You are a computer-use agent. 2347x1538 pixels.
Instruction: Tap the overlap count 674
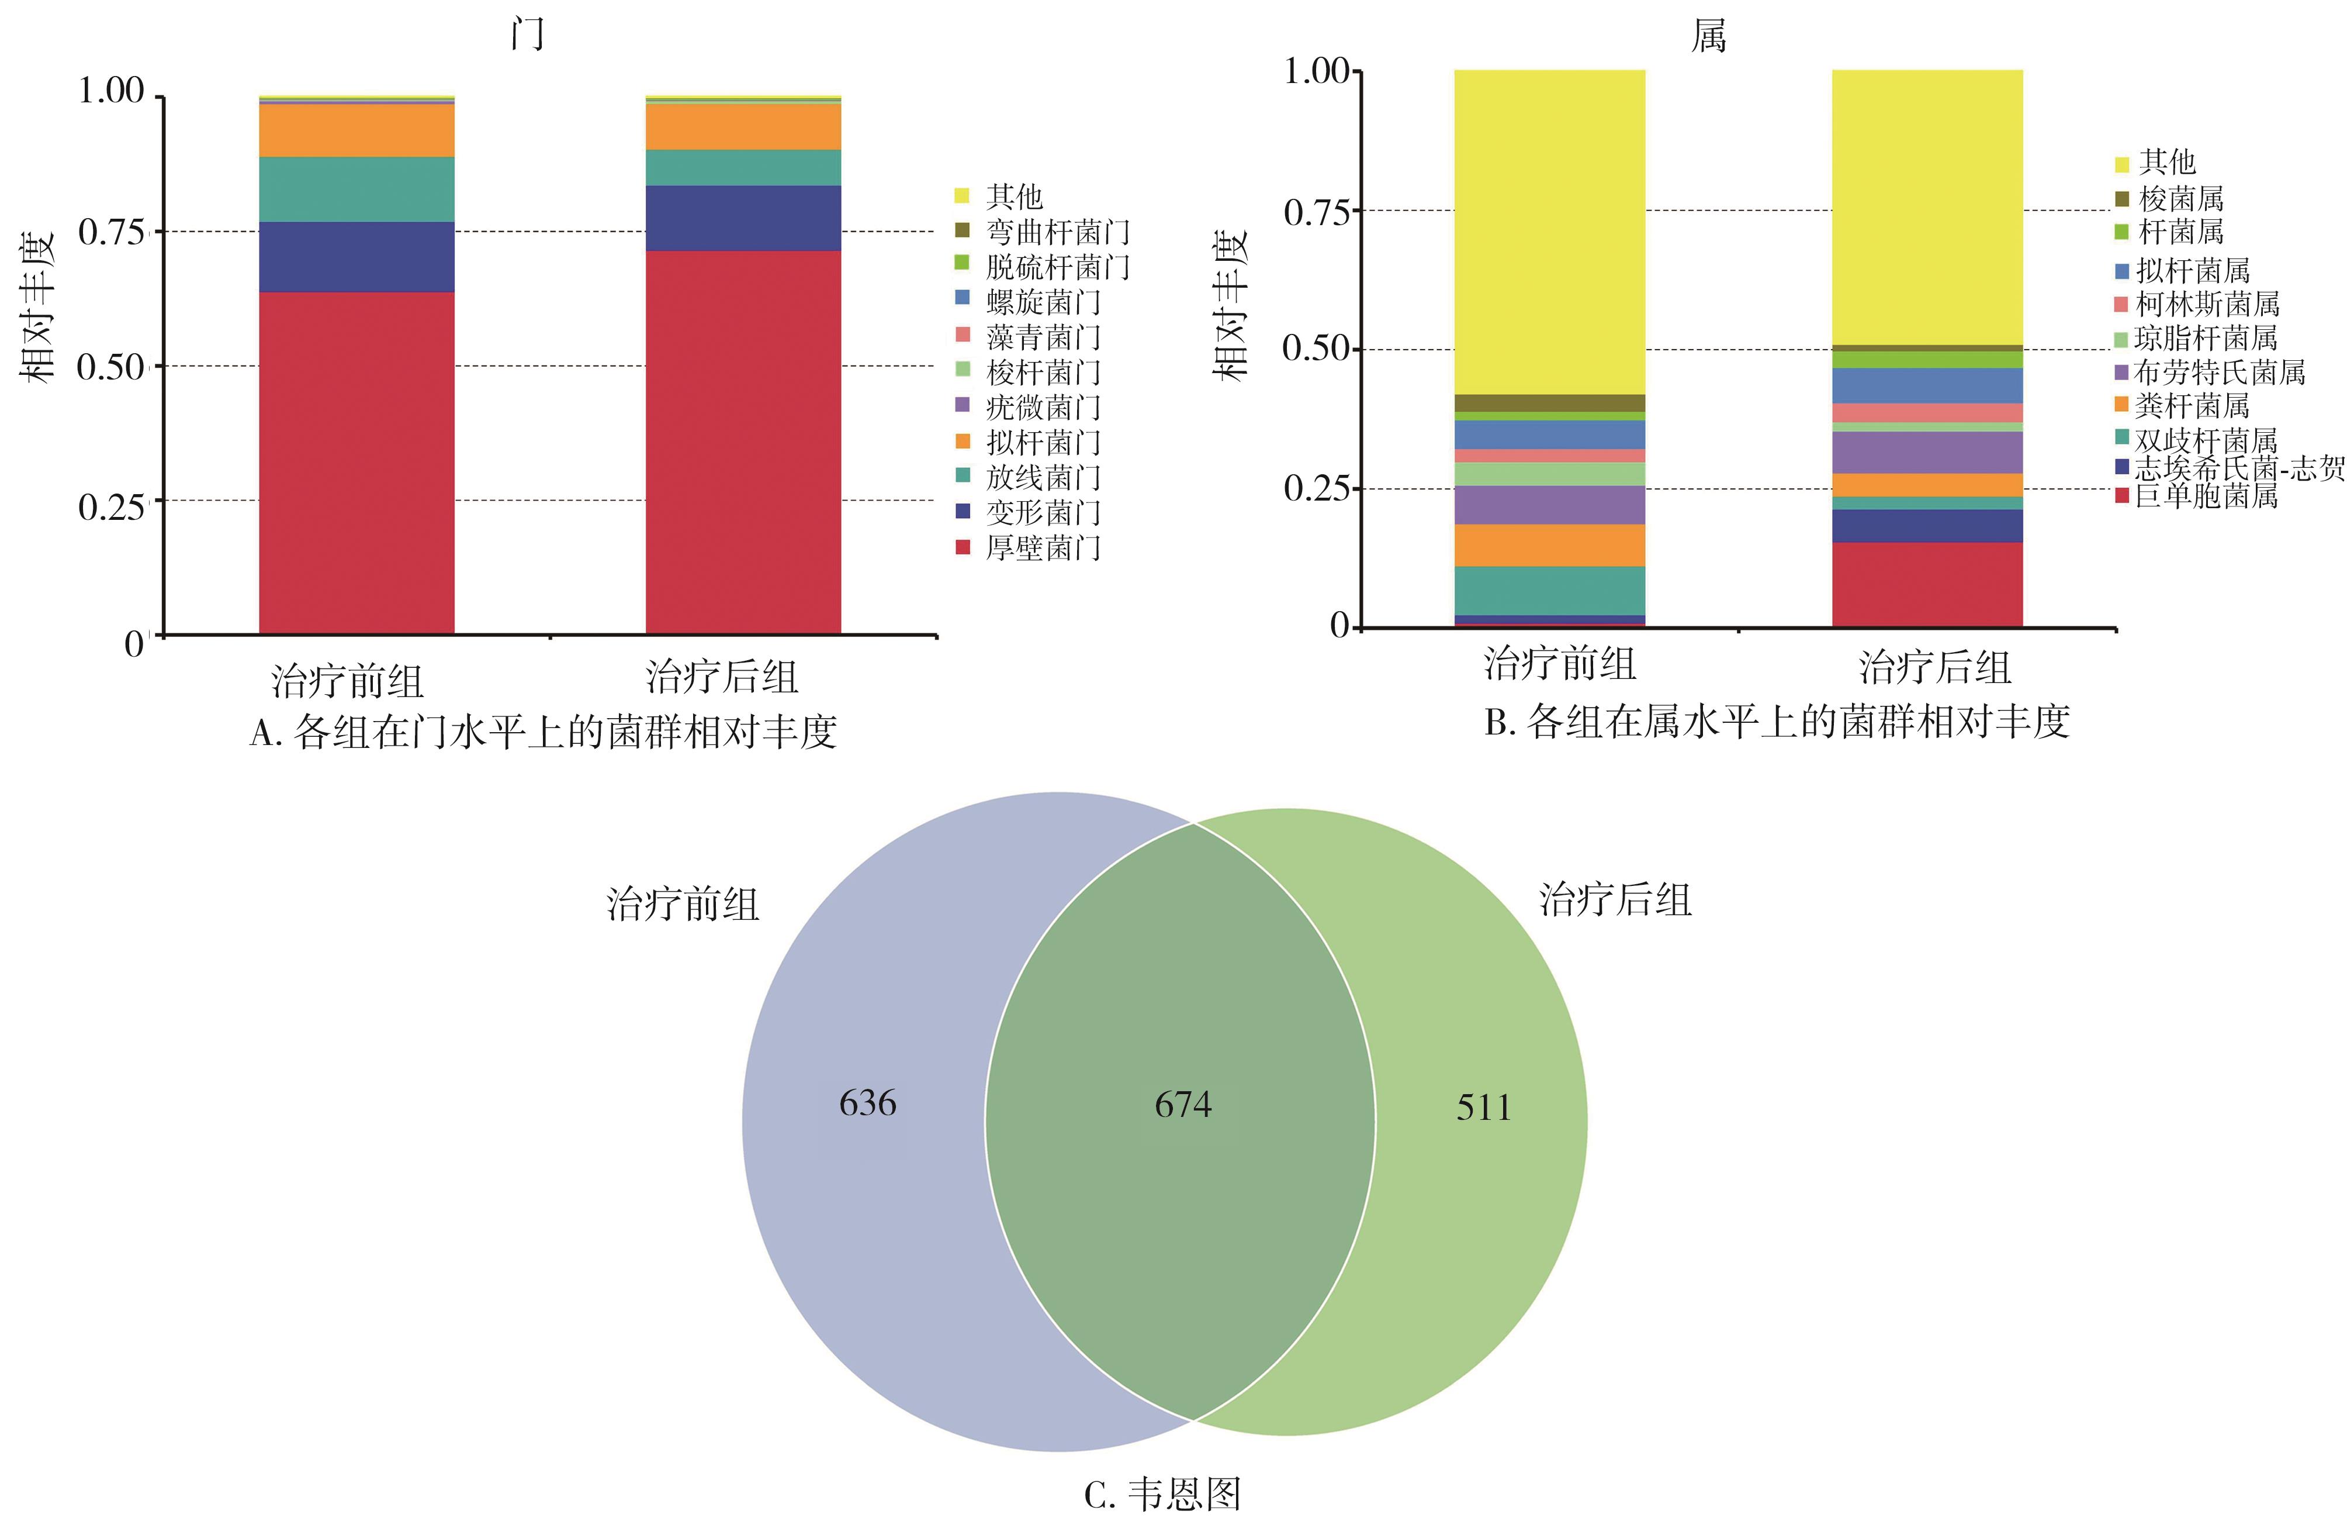(1183, 1105)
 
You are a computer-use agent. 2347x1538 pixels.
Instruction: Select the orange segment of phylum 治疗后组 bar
(743, 126)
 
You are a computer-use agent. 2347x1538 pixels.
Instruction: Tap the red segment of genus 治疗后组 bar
(1927, 584)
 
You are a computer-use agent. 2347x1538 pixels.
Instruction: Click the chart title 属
(1708, 36)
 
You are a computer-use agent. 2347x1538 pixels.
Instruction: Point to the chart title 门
(528, 35)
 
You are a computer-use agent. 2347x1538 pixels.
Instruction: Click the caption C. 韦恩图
(1162, 1495)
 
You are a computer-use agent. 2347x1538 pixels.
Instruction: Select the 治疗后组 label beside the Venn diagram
(1615, 900)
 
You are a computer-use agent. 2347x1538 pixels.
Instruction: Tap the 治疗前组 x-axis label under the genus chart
(1560, 664)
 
